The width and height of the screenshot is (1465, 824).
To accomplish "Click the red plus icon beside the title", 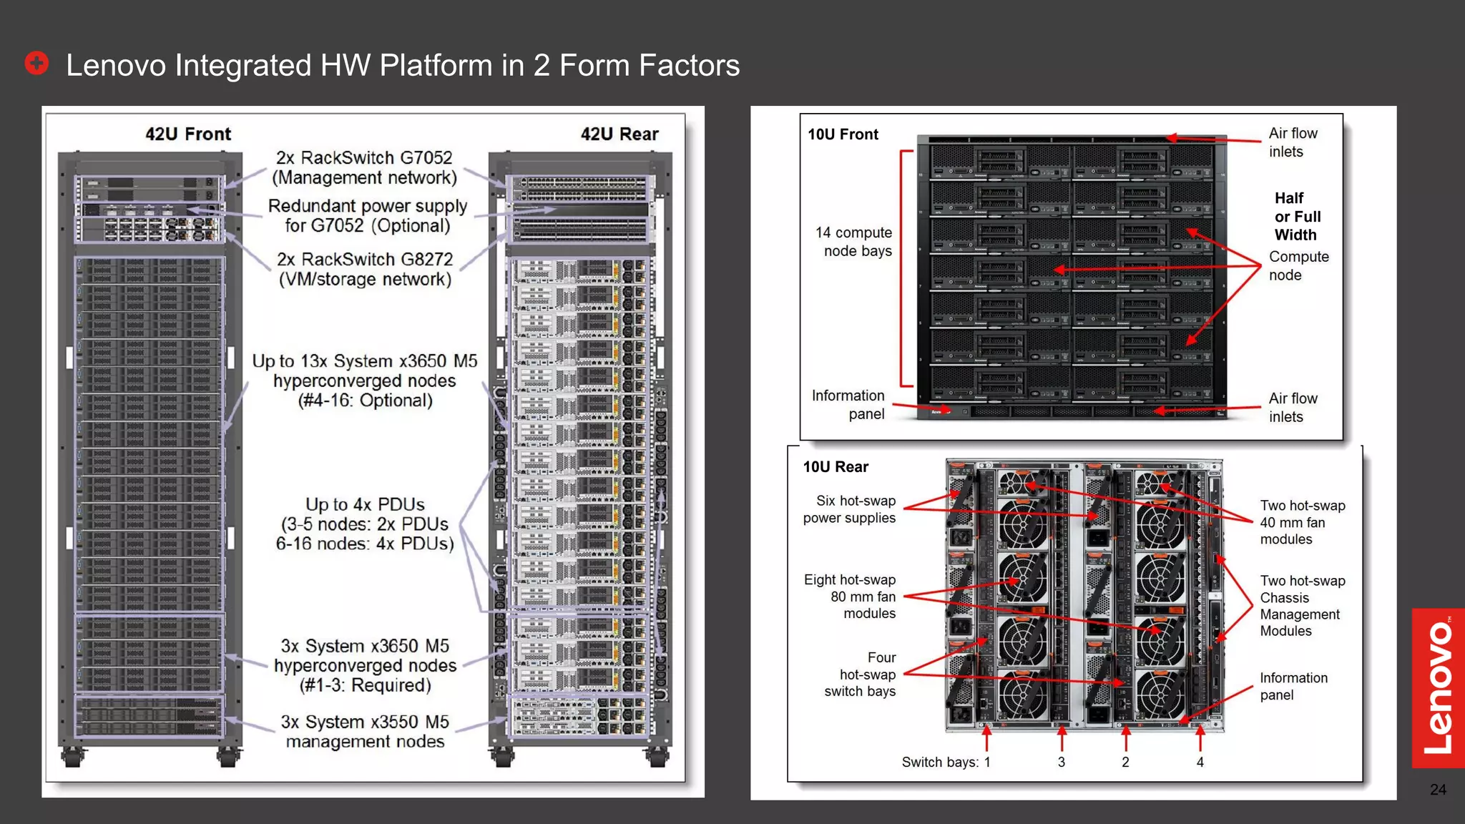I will tap(36, 63).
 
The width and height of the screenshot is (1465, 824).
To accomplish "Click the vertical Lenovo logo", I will tap(1438, 688).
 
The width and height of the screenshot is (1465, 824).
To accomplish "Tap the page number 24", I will tap(1438, 790).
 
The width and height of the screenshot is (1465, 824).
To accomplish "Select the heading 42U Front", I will tap(188, 134).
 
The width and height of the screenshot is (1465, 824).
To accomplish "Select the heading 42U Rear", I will tap(619, 134).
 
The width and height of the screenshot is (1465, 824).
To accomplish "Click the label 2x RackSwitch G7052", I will tap(364, 158).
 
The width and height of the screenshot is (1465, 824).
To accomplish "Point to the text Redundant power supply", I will tap(367, 206).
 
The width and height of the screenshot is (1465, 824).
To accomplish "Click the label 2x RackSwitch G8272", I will tap(365, 260).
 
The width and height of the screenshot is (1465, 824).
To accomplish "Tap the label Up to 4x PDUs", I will tap(365, 504).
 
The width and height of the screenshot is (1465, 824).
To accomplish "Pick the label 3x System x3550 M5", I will tap(365, 722).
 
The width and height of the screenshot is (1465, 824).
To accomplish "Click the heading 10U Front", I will tap(843, 134).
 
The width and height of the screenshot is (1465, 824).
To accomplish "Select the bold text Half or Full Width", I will tap(1297, 217).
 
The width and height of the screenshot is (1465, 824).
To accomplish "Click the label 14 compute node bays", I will tap(854, 242).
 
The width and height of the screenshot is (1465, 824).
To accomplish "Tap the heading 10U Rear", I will tap(836, 467).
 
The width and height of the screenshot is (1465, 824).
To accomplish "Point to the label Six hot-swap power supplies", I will tap(850, 509).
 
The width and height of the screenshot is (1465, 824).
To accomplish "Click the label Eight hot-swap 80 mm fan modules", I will tap(850, 597).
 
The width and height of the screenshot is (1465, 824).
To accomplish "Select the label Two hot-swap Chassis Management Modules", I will tap(1302, 606).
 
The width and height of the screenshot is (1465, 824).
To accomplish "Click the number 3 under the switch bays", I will tap(1062, 762).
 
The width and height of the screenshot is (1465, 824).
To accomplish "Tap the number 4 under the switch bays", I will tap(1200, 762).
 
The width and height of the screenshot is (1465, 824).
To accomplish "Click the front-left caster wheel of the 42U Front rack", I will tap(72, 757).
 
